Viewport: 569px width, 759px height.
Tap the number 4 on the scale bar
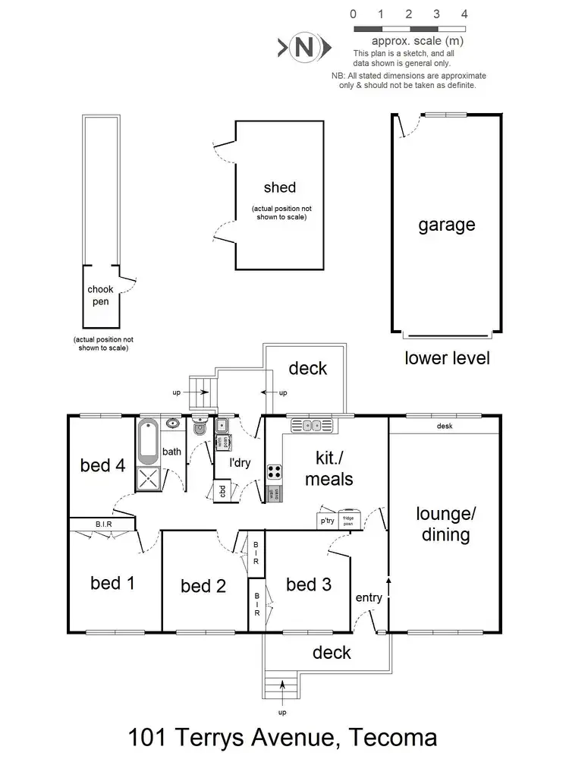pyautogui.click(x=464, y=14)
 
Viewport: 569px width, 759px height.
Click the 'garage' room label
pyautogui.click(x=447, y=225)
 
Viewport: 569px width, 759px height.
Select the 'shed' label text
pyautogui.click(x=280, y=187)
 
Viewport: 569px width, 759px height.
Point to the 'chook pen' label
pyautogui.click(x=99, y=295)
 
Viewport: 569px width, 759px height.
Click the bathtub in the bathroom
pyautogui.click(x=148, y=442)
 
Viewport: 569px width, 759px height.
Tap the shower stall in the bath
pyautogui.click(x=149, y=479)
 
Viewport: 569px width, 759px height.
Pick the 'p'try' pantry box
pyautogui.click(x=327, y=521)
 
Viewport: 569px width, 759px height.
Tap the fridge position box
pyautogui.click(x=348, y=519)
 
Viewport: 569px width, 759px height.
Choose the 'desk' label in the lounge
pyautogui.click(x=445, y=426)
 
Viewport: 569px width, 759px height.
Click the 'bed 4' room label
pyautogui.click(x=102, y=465)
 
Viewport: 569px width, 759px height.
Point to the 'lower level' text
pyautogui.click(x=447, y=357)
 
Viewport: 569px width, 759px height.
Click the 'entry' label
pyautogui.click(x=369, y=598)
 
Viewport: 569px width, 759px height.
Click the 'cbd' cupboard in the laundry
pyautogui.click(x=222, y=491)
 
